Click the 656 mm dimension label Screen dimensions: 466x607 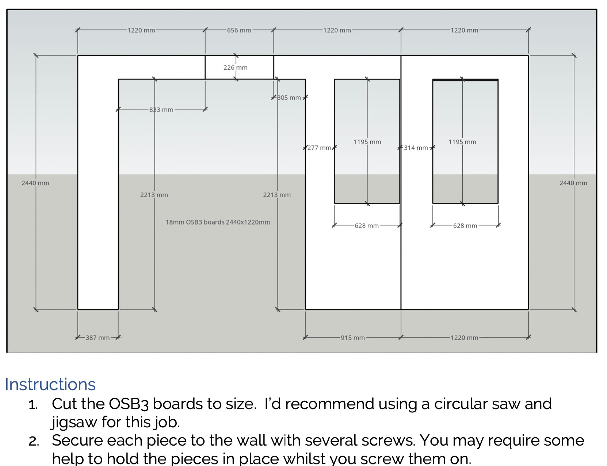point(239,30)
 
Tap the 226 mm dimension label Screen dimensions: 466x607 point(235,67)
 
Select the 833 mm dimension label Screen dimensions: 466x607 point(161,109)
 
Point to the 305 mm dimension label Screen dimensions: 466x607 point(289,98)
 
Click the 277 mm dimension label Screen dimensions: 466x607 point(319,148)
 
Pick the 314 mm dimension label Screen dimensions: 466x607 point(416,148)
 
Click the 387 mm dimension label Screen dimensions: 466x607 point(98,338)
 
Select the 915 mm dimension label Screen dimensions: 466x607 point(352,338)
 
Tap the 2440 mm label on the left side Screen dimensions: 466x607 point(35,183)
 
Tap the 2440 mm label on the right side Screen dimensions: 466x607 point(573,183)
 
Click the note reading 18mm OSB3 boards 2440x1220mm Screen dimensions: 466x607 point(218,222)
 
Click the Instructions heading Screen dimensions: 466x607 point(50,384)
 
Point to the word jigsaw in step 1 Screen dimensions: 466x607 point(74,422)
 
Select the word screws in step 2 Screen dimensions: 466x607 point(387,440)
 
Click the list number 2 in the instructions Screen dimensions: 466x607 point(34,441)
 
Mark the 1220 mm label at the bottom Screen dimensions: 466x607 point(464,338)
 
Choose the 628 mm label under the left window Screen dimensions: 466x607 point(366,226)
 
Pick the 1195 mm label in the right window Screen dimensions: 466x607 point(462,142)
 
